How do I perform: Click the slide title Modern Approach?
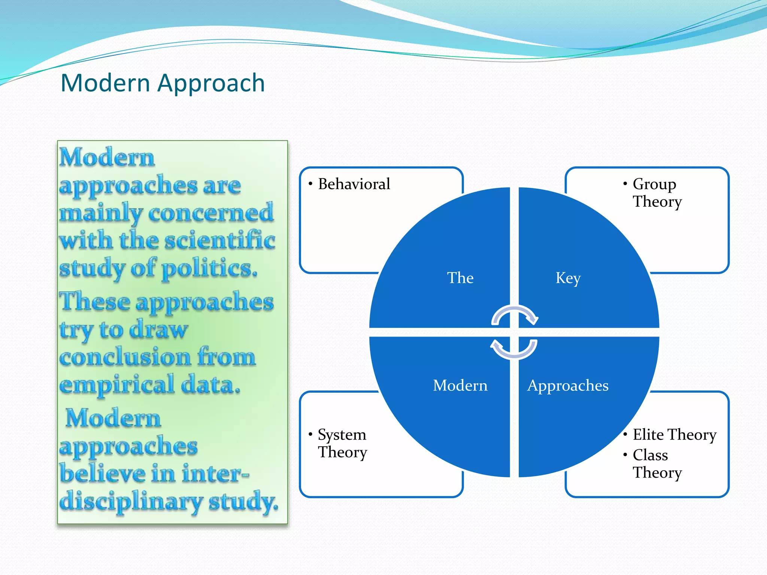(163, 83)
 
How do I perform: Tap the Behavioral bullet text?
(354, 184)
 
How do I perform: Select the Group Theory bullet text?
(657, 193)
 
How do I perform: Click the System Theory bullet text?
(342, 443)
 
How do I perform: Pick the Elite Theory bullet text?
(674, 435)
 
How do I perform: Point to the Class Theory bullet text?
(657, 464)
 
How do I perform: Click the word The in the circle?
(460, 278)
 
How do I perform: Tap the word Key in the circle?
(568, 278)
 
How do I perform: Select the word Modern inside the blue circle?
(460, 385)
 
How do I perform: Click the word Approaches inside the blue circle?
(568, 386)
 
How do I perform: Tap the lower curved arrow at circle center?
(514, 349)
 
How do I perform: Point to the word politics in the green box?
(209, 268)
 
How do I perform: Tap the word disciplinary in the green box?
(131, 502)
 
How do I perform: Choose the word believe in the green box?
(102, 474)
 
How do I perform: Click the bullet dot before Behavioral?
(310, 183)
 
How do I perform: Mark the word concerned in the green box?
(211, 213)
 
